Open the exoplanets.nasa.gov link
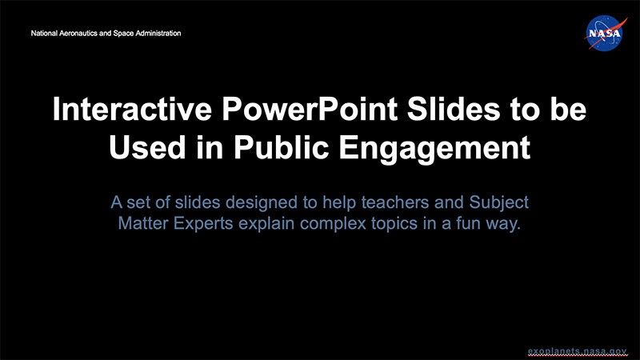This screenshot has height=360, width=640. [x=578, y=350]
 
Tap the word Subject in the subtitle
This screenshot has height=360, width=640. [x=501, y=202]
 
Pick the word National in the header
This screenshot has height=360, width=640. [x=44, y=34]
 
